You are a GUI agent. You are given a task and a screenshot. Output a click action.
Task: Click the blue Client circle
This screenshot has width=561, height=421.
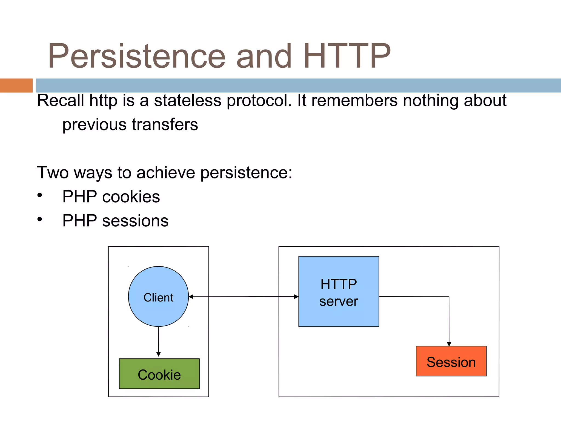pos(158,297)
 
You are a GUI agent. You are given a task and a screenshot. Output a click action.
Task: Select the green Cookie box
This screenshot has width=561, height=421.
pos(159,374)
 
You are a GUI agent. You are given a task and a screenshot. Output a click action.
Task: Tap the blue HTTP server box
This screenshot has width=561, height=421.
pos(339,292)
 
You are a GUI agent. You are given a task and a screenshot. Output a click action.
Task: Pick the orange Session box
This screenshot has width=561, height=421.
pos(451,361)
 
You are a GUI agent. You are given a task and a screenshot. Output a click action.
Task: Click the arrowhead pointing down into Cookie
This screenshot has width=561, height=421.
pos(158,354)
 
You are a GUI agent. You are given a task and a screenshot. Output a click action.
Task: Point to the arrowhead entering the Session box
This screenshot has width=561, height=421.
pos(449,344)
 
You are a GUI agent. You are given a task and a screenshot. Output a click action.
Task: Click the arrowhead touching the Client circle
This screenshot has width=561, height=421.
pos(191,297)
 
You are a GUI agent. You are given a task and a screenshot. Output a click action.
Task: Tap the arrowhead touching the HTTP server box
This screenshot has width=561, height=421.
pos(296,297)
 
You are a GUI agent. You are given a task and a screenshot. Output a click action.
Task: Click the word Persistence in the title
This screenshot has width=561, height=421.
pos(136,56)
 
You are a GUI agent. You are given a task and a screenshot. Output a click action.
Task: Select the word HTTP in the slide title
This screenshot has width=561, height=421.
pos(347,56)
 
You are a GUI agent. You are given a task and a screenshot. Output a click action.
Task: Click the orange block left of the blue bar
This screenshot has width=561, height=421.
pos(16,86)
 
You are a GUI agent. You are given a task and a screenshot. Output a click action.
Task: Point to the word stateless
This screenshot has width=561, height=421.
pos(187,100)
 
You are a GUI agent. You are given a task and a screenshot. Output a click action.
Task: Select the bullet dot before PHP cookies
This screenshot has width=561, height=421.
pos(40,195)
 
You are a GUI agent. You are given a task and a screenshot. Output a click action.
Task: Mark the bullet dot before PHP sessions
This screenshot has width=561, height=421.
pos(40,219)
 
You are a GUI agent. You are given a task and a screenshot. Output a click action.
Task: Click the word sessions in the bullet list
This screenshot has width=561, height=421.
pos(135,221)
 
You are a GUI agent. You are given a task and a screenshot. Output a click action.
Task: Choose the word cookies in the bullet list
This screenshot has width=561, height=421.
pos(131,197)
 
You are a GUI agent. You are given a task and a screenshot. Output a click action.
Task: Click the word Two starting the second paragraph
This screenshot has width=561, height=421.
pos(53,173)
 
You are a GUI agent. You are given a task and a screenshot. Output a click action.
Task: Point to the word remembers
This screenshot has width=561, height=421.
pos(354,100)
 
